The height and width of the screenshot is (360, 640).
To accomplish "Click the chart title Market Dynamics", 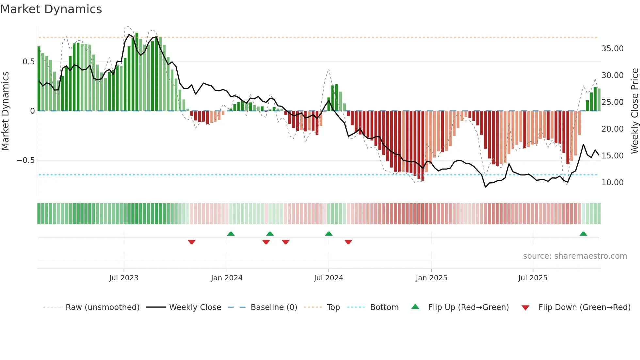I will pyautogui.click(x=51, y=9).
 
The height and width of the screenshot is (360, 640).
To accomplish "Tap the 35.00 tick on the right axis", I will pyautogui.click(x=612, y=49).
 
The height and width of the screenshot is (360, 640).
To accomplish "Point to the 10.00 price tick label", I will pyautogui.click(x=612, y=183).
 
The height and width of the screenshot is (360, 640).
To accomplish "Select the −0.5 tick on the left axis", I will pyautogui.click(x=25, y=160).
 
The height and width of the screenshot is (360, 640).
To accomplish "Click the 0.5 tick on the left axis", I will pyautogui.click(x=28, y=62).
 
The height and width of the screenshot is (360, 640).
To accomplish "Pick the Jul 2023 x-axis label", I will pyautogui.click(x=124, y=278).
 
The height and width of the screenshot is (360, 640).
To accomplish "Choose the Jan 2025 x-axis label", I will pyautogui.click(x=431, y=278).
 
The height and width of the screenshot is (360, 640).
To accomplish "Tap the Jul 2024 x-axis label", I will pyautogui.click(x=328, y=278).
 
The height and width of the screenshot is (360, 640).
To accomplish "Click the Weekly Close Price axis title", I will pyautogui.click(x=634, y=111).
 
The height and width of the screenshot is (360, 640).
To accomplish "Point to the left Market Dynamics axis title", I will pyautogui.click(x=5, y=111).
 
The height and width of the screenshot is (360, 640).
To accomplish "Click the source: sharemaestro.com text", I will pyautogui.click(x=575, y=256).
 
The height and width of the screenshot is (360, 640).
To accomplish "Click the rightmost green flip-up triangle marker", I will pyautogui.click(x=583, y=234).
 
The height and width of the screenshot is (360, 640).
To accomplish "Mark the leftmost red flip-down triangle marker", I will pyautogui.click(x=192, y=242).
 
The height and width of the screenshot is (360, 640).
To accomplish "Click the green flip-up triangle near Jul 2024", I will pyautogui.click(x=329, y=234).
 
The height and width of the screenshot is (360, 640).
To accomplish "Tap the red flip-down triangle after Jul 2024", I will pyautogui.click(x=348, y=242).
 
